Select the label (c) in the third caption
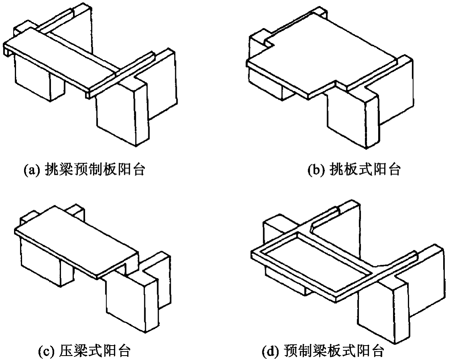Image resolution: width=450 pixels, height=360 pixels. pos(45,350)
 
